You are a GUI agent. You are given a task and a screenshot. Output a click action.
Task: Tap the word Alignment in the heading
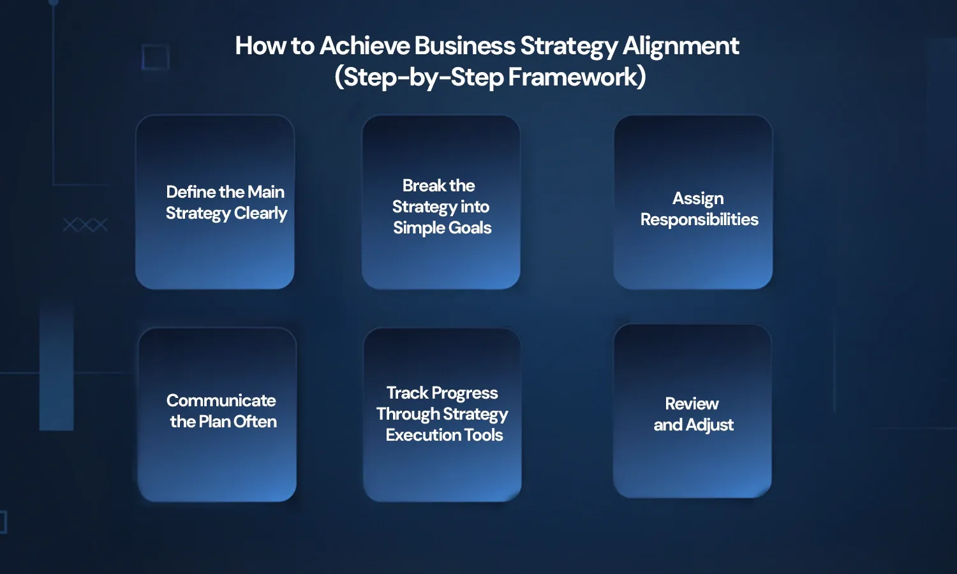pyautogui.click(x=681, y=46)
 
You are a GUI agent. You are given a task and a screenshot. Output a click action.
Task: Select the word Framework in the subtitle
pyautogui.click(x=577, y=77)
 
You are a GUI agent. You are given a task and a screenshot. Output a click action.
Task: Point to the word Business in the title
pyautogui.click(x=464, y=46)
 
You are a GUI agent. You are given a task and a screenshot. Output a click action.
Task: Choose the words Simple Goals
pyautogui.click(x=442, y=228)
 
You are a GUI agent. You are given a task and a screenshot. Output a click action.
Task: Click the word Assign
pyautogui.click(x=698, y=198)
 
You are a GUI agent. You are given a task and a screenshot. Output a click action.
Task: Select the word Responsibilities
pyautogui.click(x=699, y=219)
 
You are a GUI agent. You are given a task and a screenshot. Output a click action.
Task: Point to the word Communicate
pyautogui.click(x=221, y=401)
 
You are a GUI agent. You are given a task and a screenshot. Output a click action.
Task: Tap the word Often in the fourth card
pyautogui.click(x=255, y=422)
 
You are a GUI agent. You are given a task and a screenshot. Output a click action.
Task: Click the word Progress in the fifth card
pyautogui.click(x=464, y=393)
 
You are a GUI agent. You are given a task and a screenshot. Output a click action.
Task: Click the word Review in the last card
pyautogui.click(x=692, y=404)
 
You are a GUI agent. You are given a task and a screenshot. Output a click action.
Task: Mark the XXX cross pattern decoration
pyautogui.click(x=85, y=225)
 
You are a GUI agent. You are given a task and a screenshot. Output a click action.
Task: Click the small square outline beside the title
pyautogui.click(x=155, y=57)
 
